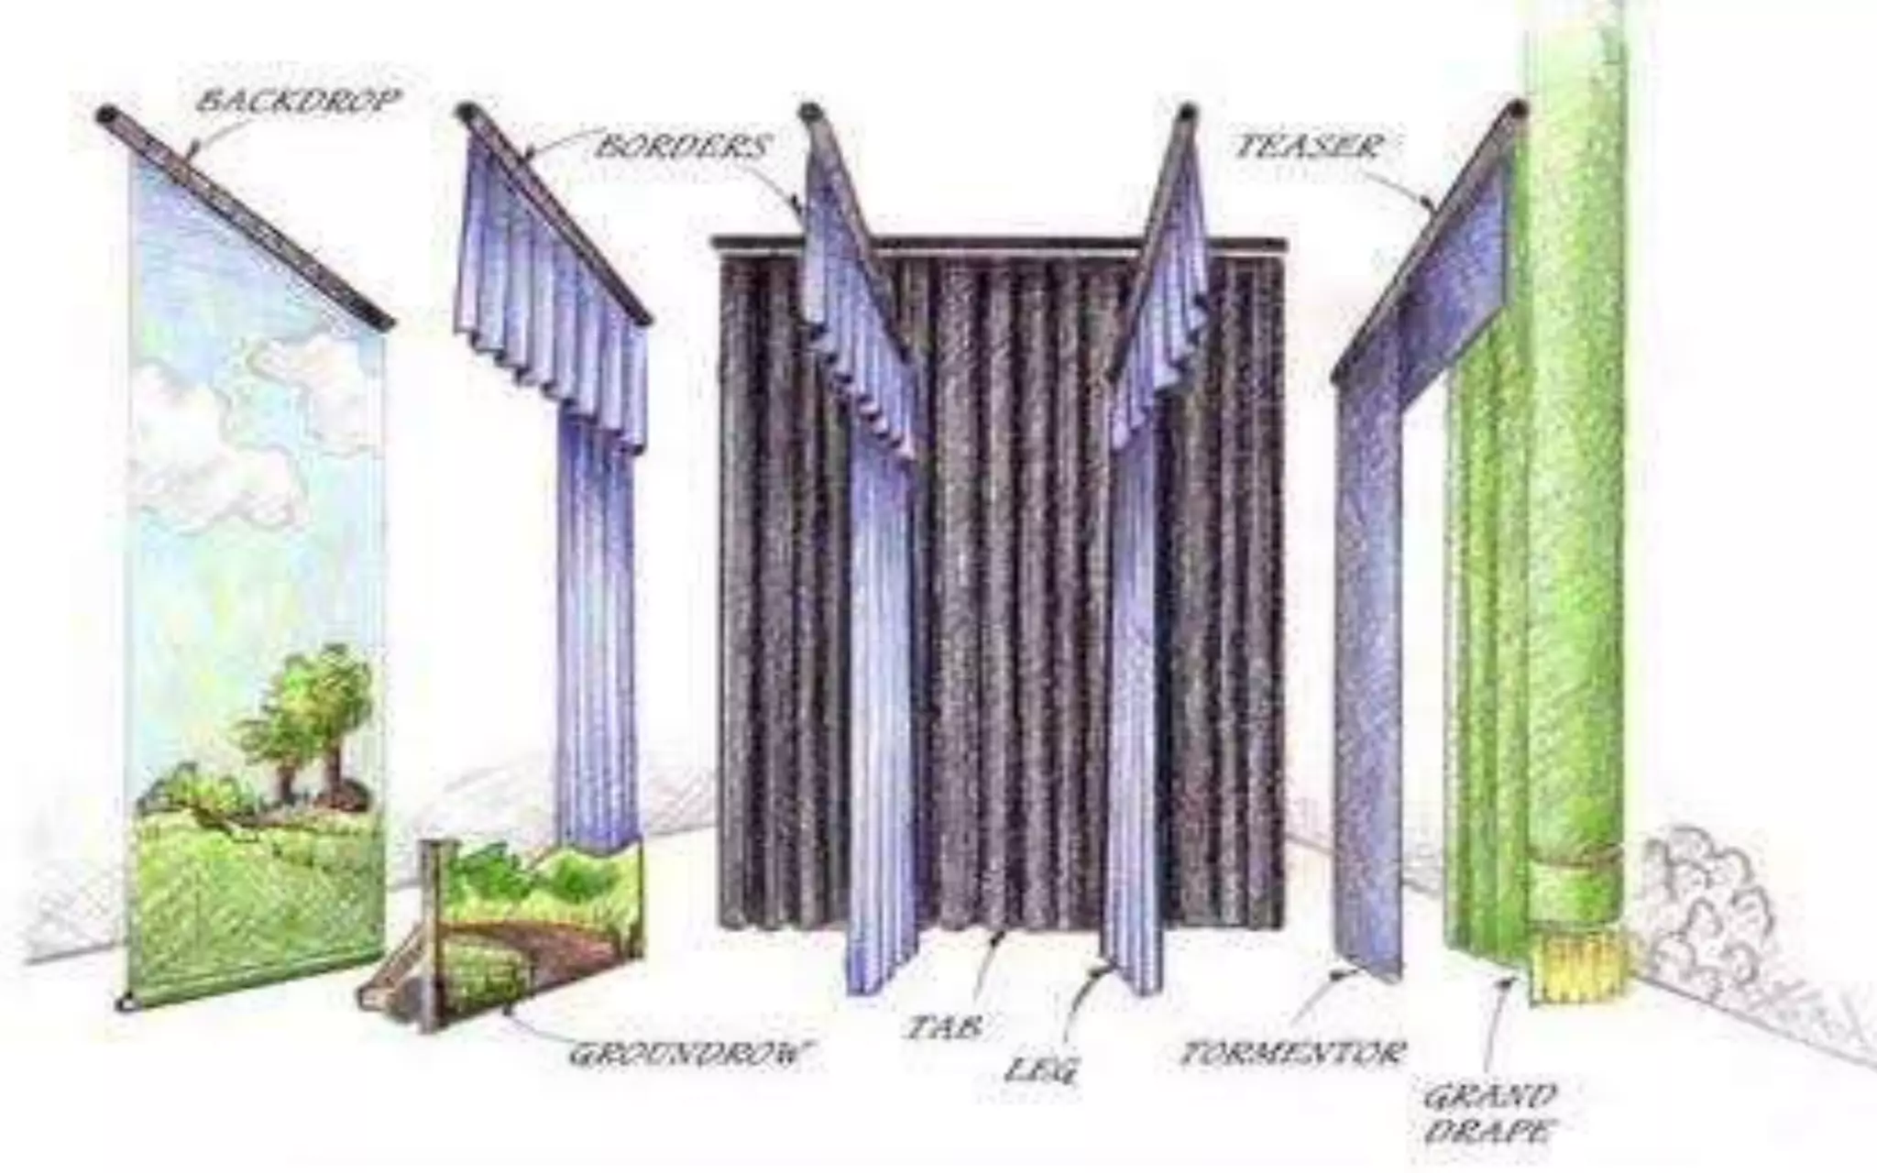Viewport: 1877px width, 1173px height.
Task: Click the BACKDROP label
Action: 298,101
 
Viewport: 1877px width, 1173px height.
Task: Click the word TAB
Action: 942,1027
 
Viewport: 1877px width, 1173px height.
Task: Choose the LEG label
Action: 1042,1069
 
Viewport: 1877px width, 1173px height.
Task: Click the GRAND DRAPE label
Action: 1489,1113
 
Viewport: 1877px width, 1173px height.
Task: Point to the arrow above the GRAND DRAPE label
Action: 1496,1026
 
